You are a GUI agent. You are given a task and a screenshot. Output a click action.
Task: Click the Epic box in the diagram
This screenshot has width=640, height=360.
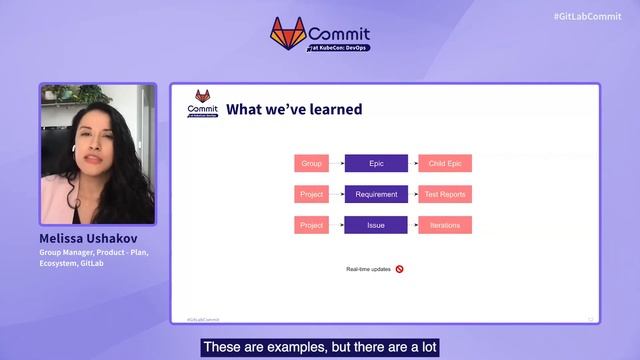click(x=376, y=163)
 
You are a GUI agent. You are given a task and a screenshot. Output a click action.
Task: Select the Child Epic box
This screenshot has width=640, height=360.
click(x=445, y=163)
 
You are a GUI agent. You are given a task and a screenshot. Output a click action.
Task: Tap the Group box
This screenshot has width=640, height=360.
click(x=311, y=163)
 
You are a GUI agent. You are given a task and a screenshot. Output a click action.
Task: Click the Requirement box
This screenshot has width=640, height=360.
click(x=376, y=194)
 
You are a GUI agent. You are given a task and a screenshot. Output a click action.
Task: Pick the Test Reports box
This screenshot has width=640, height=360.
click(x=445, y=194)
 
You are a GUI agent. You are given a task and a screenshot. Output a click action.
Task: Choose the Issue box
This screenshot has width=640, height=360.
click(x=376, y=225)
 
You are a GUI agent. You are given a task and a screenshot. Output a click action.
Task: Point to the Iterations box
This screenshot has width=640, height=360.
click(x=445, y=225)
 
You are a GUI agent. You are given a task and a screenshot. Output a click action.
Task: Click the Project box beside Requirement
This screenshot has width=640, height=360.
click(x=311, y=194)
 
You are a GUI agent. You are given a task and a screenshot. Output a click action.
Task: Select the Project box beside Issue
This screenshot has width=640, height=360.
click(x=311, y=225)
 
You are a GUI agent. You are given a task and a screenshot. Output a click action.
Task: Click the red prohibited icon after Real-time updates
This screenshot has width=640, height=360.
click(x=399, y=269)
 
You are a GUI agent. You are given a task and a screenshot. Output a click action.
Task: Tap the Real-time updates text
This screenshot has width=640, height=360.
click(x=367, y=269)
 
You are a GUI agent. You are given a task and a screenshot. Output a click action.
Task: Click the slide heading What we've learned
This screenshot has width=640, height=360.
click(x=294, y=109)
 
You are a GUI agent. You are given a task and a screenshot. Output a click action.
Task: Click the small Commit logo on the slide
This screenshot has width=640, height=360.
click(x=202, y=104)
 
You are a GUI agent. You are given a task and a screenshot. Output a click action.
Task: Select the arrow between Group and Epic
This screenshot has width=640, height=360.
click(x=336, y=163)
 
